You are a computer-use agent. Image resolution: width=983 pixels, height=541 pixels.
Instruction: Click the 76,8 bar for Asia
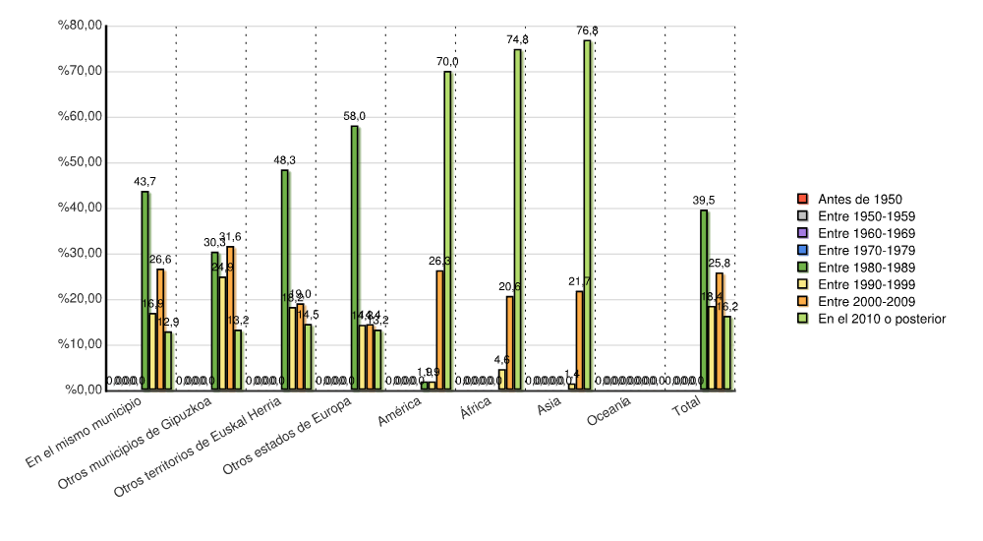click(x=587, y=214)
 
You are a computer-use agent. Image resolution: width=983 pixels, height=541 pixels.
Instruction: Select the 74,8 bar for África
click(x=517, y=219)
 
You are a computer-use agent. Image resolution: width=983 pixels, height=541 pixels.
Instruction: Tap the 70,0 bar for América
click(x=447, y=230)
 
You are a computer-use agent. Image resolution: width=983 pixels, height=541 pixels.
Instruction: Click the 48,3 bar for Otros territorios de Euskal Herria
click(x=285, y=279)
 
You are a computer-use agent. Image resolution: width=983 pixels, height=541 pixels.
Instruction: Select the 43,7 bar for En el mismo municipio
click(x=145, y=290)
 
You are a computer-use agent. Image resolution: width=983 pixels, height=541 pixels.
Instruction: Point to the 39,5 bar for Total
click(x=704, y=300)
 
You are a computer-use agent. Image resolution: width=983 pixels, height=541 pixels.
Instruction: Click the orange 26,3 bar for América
click(x=439, y=330)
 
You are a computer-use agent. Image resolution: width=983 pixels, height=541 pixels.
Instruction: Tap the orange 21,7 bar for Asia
click(x=580, y=340)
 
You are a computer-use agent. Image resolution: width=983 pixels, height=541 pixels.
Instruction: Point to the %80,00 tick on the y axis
click(x=82, y=27)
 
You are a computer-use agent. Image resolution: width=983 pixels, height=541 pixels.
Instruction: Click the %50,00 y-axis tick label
click(x=82, y=162)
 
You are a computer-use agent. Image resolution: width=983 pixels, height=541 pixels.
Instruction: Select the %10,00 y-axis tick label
click(x=82, y=344)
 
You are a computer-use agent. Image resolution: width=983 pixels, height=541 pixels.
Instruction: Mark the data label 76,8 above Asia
click(x=587, y=31)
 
